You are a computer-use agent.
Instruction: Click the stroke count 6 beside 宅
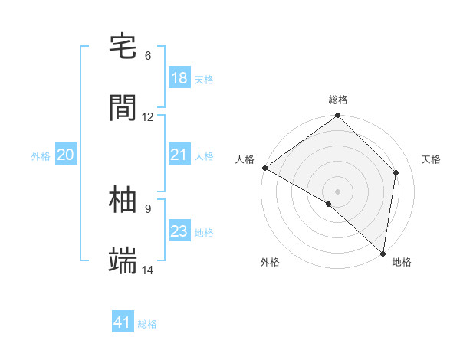click(x=148, y=56)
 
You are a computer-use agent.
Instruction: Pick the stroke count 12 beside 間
click(x=148, y=117)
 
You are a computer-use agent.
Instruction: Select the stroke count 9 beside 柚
click(x=148, y=208)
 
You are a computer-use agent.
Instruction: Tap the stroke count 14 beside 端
click(x=148, y=270)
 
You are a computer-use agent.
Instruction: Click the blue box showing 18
click(x=179, y=78)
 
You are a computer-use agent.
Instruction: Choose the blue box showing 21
click(x=179, y=155)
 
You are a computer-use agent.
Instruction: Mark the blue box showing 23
click(x=179, y=231)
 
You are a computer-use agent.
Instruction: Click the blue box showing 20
click(x=65, y=155)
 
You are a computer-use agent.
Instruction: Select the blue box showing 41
click(x=123, y=323)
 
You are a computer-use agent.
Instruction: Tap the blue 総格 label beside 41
click(x=147, y=324)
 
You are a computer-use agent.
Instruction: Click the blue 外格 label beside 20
click(x=41, y=155)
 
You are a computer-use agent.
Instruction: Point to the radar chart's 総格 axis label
click(x=338, y=100)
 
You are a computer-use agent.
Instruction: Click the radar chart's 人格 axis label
click(x=245, y=159)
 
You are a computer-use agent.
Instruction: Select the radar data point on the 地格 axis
click(x=383, y=253)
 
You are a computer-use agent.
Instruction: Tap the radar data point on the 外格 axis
click(x=329, y=204)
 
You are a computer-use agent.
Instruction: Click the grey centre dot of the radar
click(x=338, y=191)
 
